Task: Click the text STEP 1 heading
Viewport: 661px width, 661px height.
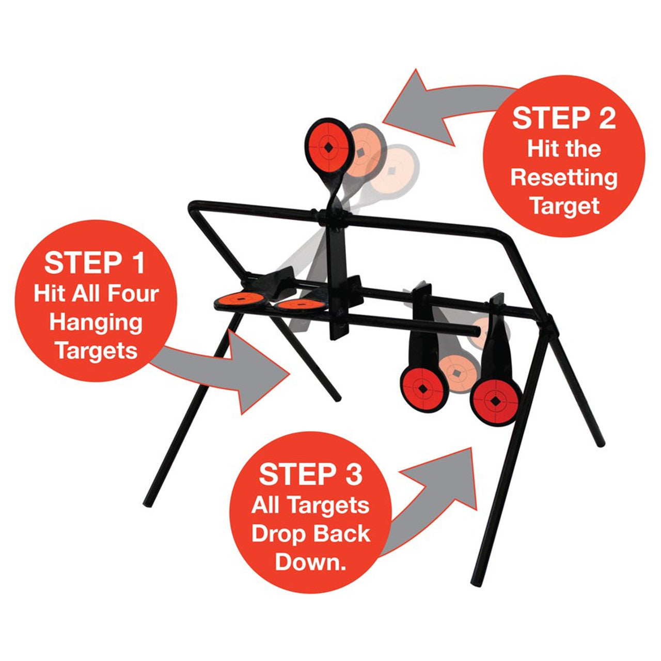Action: [95, 263]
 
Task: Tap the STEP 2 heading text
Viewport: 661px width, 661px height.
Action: [564, 118]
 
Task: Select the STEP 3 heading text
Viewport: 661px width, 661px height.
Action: [310, 474]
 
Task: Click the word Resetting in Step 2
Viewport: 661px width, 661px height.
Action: [564, 178]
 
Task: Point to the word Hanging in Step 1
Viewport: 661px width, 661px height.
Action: [96, 323]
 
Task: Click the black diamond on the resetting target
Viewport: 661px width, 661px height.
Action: [328, 146]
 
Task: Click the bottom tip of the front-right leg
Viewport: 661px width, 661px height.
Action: [477, 583]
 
